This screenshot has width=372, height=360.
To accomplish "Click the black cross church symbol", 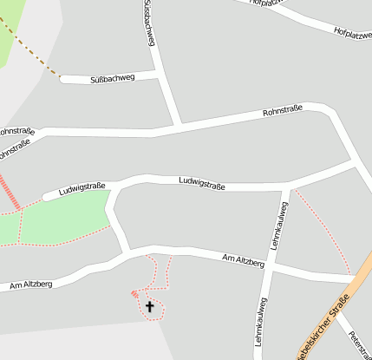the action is tap(149, 306).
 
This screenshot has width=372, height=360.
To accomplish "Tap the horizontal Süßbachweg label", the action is tap(113, 79).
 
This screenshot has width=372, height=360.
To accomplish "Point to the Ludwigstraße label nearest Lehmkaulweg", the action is tap(202, 182).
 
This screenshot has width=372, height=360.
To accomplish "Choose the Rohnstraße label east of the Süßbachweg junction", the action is tap(283, 110).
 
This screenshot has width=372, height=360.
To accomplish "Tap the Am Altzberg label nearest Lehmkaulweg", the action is tap(243, 259).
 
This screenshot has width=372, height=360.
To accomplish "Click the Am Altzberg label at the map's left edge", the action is tap(30, 284).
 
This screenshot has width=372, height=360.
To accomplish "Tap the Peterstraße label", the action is tap(358, 345).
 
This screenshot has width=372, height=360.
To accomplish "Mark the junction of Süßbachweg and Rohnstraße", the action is tap(179, 127).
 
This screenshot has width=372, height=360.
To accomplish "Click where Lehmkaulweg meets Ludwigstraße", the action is tap(288, 187).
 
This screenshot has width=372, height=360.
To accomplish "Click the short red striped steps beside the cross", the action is tap(134, 294).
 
